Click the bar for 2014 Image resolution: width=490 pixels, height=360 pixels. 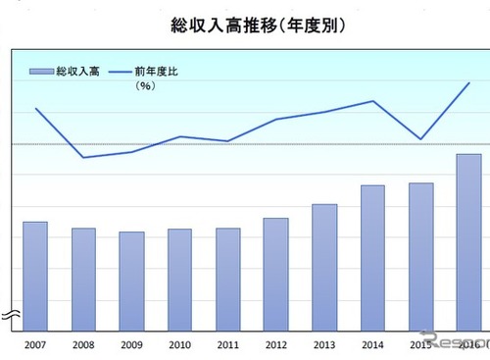pos(372,257)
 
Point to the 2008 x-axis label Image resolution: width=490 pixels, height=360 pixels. pos(83,344)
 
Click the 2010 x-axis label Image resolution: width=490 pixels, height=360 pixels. pos(179,344)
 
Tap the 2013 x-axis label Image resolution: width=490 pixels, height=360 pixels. pos(324,344)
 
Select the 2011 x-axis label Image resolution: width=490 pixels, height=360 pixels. pos(227,344)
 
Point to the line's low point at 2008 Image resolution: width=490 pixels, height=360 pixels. pos(83,157)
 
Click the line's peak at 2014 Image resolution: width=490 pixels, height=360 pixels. pos(372,101)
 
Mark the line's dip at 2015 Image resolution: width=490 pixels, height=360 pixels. pos(420,139)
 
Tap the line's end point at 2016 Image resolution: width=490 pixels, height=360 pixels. pos(468,83)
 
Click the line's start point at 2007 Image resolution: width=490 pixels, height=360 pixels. pos(35,108)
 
